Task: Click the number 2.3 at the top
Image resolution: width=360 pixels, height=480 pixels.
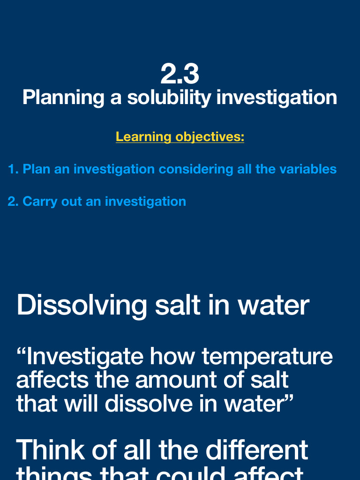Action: coord(180,74)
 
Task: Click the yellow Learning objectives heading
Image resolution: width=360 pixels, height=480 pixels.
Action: coord(180,137)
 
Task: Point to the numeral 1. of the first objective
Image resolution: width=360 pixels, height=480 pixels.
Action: coord(13,169)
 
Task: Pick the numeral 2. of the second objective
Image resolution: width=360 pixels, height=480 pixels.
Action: coord(13,202)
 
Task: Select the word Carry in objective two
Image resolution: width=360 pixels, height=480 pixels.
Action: coord(37,202)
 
